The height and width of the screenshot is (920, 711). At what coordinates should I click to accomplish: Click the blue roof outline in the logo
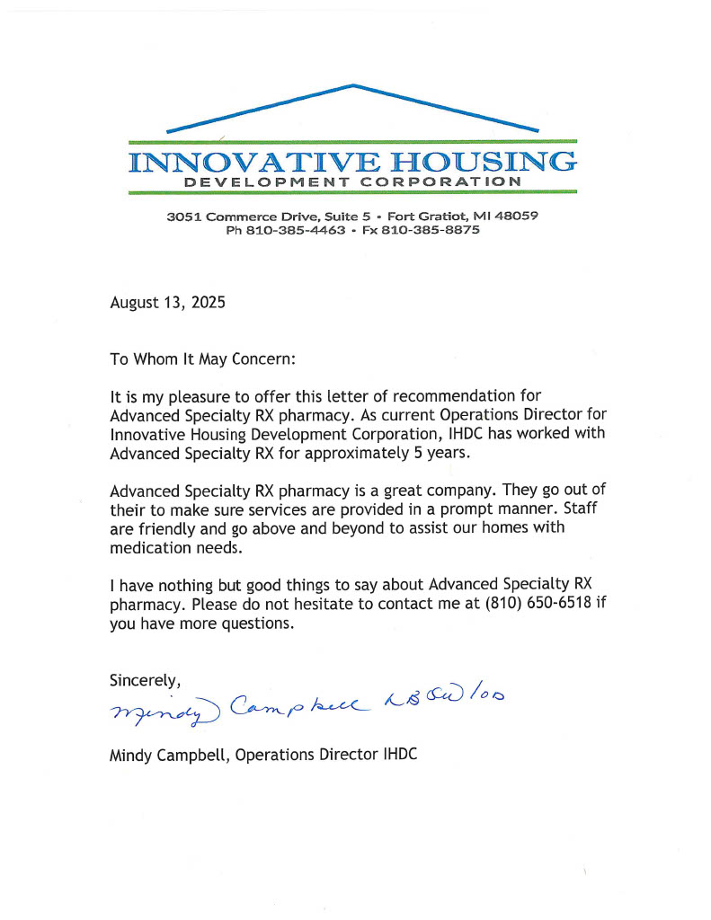point(353,87)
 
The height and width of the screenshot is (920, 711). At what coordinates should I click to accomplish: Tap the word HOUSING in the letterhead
point(475,163)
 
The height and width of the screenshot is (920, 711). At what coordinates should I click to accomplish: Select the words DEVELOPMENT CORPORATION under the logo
point(351,182)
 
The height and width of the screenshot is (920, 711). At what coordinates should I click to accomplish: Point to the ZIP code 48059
point(516,217)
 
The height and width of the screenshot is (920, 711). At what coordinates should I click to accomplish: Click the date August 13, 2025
point(167,303)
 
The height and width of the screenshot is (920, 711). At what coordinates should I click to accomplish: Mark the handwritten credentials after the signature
point(445,699)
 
